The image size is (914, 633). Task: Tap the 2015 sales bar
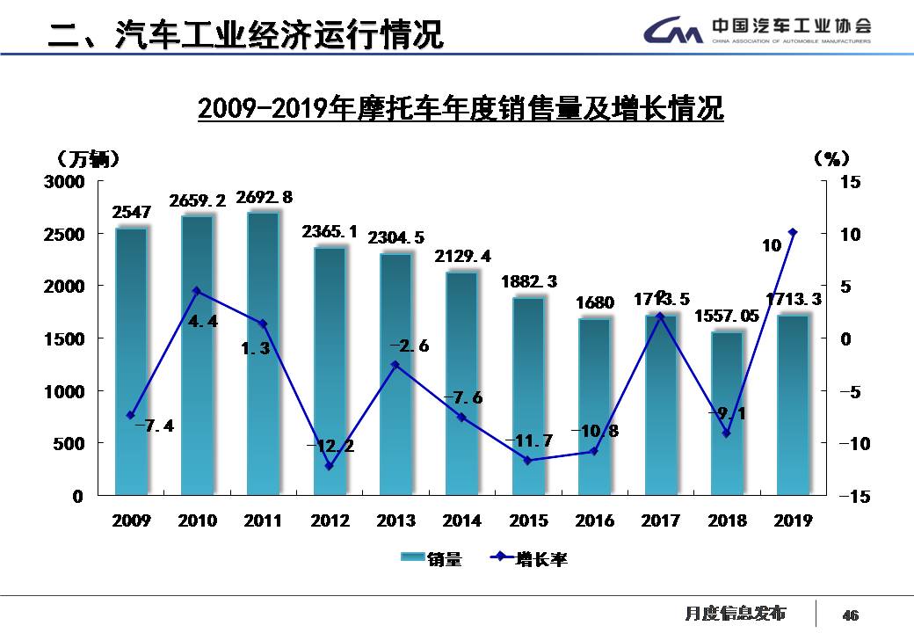pyautogui.click(x=528, y=396)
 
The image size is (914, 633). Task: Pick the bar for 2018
pyautogui.click(x=727, y=413)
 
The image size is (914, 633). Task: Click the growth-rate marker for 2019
pyautogui.click(x=793, y=232)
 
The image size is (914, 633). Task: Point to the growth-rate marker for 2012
pyautogui.click(x=330, y=466)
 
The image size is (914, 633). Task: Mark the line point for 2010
pyautogui.click(x=197, y=291)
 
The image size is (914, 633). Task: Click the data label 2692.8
pyautogui.click(x=264, y=197)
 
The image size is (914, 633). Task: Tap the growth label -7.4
pyautogui.click(x=155, y=426)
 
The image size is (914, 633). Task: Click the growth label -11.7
pyautogui.click(x=528, y=440)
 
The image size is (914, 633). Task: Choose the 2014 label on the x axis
pyautogui.click(x=462, y=521)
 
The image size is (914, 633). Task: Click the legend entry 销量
pyautogui.click(x=432, y=559)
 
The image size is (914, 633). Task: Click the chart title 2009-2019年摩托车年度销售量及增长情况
pyautogui.click(x=460, y=110)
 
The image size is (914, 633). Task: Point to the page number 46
pyautogui.click(x=850, y=615)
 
